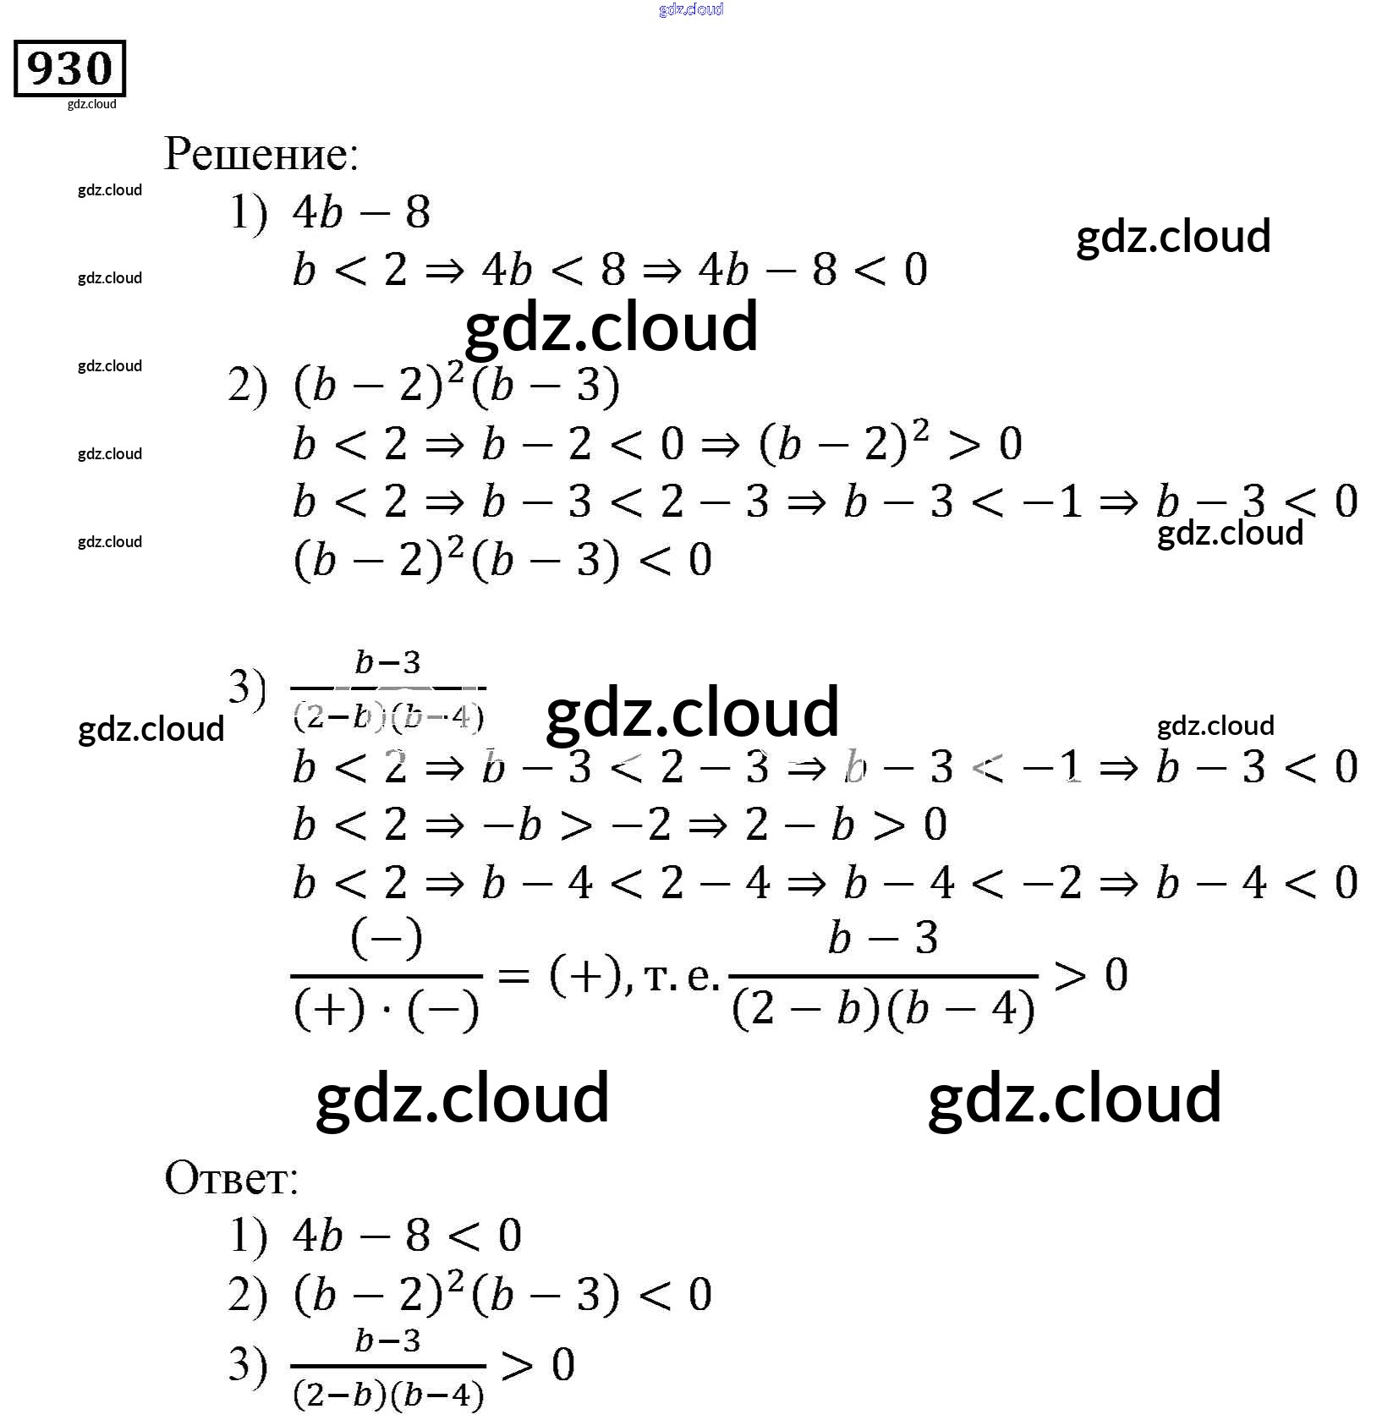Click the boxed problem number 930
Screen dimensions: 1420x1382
[69, 69]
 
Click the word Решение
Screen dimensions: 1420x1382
[260, 155]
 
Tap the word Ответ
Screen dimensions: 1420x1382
[231, 1177]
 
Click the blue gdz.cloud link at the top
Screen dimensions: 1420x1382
[690, 9]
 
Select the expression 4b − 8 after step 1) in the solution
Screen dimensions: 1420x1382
[361, 211]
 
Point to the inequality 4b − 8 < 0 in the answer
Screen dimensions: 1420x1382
[406, 1236]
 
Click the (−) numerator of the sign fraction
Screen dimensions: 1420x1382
[386, 939]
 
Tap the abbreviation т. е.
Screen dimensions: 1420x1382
[681, 978]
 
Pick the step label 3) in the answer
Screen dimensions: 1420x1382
[247, 1364]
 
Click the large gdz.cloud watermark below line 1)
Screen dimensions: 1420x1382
[611, 328]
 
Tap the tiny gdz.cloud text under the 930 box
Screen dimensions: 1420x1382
[91, 104]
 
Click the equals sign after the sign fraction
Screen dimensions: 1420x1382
[513, 977]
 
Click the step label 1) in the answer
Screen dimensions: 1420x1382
[247, 1236]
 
